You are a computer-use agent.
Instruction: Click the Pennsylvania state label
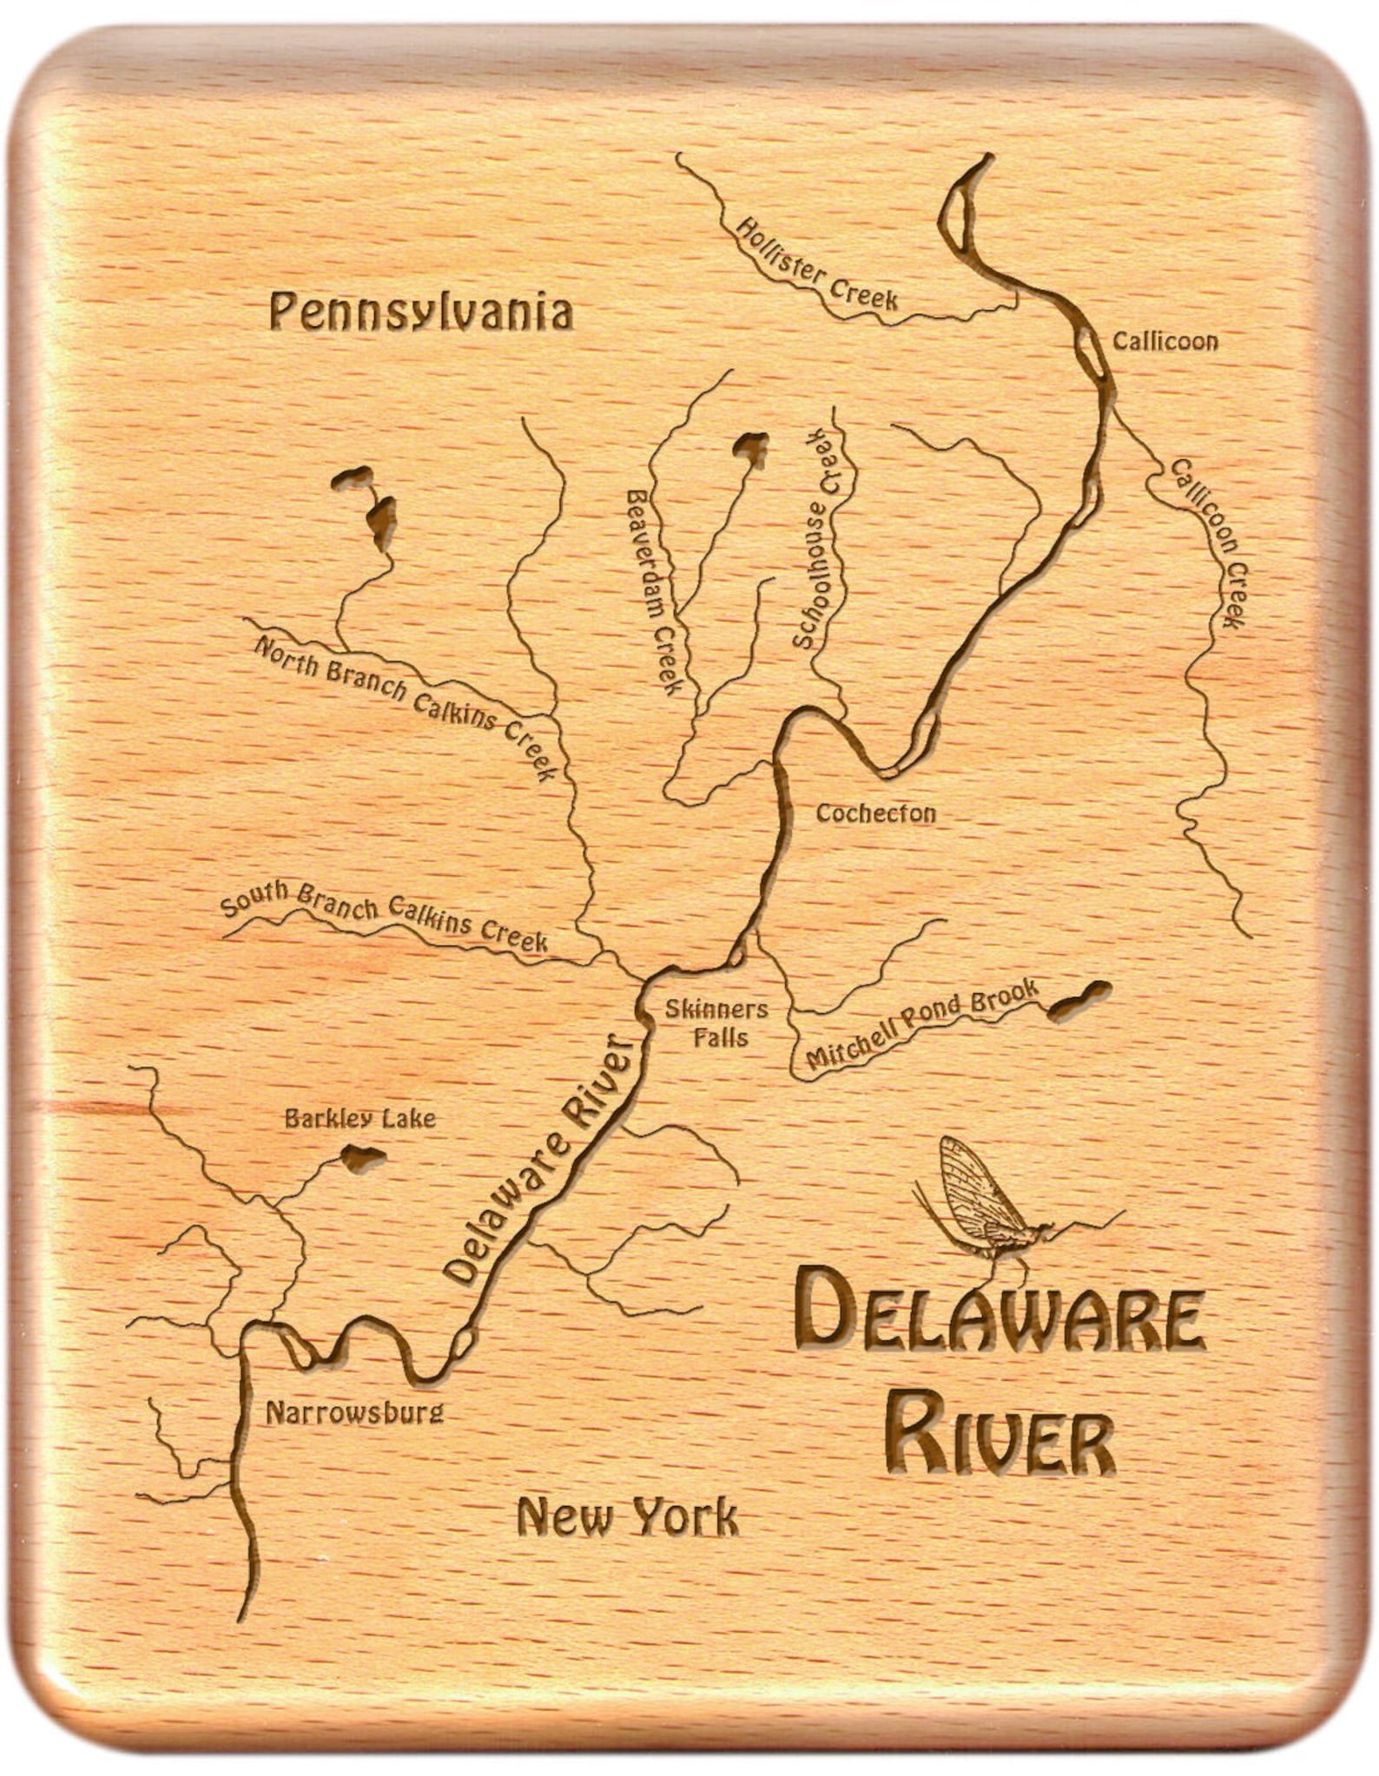click(421, 312)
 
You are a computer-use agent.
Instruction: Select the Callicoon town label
click(1165, 341)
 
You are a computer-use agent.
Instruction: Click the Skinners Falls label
click(717, 1023)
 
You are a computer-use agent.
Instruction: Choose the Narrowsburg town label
click(354, 1413)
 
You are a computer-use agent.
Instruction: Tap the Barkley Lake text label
click(360, 1119)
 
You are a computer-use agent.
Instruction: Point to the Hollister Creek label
click(816, 265)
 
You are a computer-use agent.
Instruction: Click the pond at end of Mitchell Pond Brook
click(1079, 998)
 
